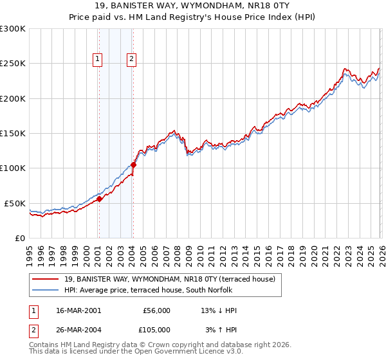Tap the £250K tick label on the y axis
(x=13, y=64)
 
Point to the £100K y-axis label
(x=13, y=168)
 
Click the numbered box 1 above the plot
(x=98, y=59)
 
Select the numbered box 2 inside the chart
(x=131, y=59)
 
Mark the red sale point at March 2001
(x=100, y=199)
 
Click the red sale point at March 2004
(x=133, y=165)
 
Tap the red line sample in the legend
(x=45, y=279)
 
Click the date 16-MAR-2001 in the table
(x=78, y=310)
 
